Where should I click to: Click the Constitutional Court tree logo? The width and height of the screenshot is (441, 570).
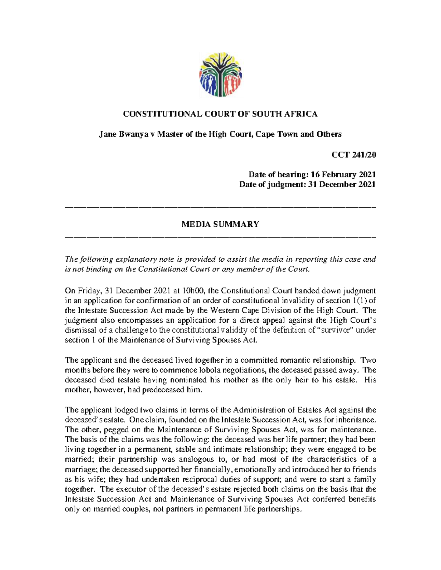[220, 74]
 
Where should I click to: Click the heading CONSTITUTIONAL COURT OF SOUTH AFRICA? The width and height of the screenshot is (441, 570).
[220, 114]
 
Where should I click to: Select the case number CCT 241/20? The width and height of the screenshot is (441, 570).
[354, 155]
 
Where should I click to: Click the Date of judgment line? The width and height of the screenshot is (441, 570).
[307, 184]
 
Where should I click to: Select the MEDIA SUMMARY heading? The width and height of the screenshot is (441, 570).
[220, 224]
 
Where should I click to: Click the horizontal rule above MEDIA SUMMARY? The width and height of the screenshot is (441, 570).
[220, 208]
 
